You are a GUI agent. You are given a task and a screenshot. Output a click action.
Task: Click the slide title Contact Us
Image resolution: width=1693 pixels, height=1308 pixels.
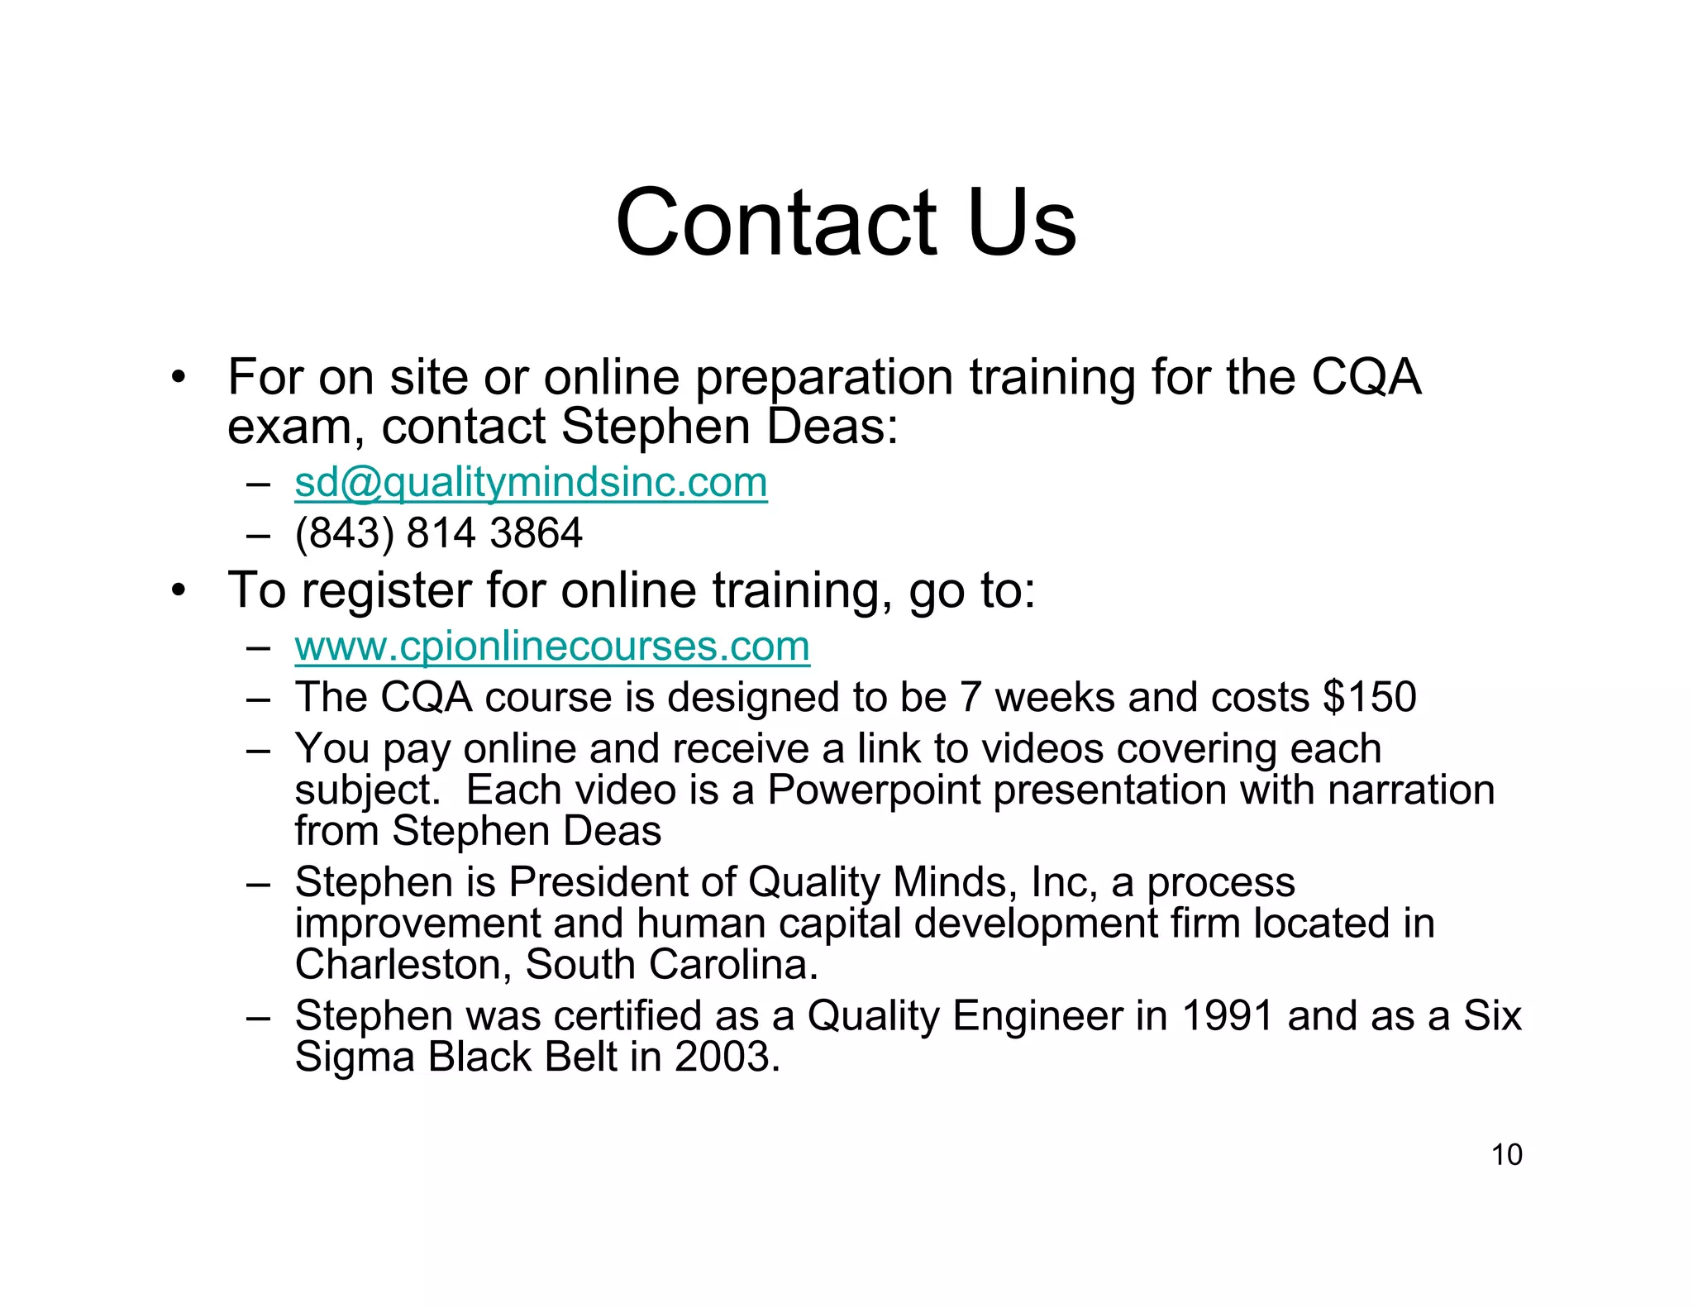(846, 222)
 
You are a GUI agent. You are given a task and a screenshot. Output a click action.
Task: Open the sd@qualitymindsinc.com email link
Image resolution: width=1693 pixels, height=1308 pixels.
(531, 482)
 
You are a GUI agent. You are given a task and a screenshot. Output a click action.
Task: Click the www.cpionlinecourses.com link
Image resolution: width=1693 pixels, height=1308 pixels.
(552, 646)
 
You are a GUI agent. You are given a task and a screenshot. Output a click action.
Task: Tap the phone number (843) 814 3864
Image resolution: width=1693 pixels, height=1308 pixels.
(438, 532)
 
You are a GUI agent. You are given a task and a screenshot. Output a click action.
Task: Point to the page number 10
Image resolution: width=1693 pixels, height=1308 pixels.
(1506, 1154)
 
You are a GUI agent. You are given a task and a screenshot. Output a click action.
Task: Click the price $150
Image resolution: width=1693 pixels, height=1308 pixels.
(1369, 697)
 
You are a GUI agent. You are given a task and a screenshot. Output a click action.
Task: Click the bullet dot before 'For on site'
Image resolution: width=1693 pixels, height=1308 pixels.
(177, 379)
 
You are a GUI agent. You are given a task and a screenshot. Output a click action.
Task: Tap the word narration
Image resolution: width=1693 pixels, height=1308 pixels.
(1411, 790)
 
